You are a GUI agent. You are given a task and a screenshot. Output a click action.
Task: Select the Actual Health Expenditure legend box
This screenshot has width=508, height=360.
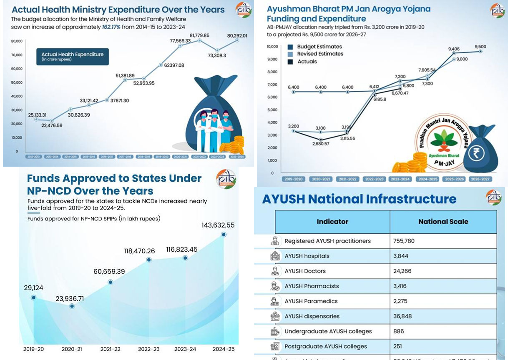[x=72, y=57]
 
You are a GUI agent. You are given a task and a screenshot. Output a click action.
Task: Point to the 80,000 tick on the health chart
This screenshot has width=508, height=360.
[x=17, y=41]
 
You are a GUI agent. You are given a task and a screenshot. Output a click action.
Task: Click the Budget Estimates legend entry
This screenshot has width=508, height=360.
[x=319, y=47]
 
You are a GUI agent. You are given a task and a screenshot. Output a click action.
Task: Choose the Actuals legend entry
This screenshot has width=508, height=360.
[x=307, y=61]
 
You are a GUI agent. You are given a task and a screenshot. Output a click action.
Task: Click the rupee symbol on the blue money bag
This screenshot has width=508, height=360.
[x=476, y=153]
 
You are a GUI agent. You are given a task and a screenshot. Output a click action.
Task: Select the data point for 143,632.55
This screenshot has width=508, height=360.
[x=224, y=235]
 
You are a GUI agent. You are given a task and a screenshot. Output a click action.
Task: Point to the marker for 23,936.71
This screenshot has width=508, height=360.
[x=72, y=306]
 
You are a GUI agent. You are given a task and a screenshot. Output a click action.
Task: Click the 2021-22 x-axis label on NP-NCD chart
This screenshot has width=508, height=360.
[x=111, y=349]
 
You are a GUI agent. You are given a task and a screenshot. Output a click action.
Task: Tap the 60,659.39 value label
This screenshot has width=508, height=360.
[x=109, y=272]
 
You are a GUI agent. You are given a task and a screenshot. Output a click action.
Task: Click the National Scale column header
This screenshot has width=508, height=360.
[x=443, y=222]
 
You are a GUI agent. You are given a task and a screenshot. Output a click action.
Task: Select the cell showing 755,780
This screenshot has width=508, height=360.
[x=404, y=241]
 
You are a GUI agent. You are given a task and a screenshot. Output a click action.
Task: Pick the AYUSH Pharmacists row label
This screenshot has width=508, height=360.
[x=312, y=286]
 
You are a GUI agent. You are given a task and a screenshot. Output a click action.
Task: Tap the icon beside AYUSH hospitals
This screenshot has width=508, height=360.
[x=274, y=256]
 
